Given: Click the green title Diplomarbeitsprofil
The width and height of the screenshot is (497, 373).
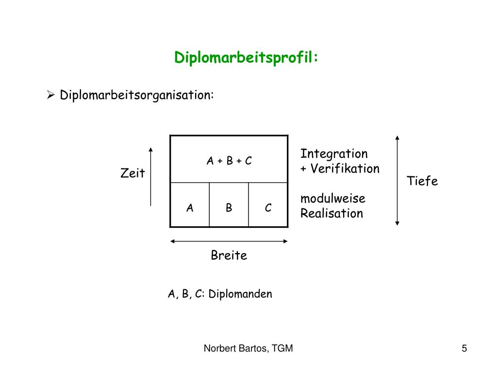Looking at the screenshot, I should tap(247, 58).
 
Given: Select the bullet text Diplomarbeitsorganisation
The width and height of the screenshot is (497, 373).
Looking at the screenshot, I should tap(136, 94).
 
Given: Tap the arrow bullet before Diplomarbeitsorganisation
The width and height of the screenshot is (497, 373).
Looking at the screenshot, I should tap(50, 94).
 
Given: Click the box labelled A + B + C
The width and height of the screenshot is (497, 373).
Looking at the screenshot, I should tap(229, 161).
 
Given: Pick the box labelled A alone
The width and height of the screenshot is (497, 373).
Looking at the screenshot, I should tap(190, 208).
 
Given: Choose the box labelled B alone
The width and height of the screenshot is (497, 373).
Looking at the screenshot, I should tap(229, 208).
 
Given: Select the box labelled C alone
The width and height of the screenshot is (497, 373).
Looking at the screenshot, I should tap(268, 208).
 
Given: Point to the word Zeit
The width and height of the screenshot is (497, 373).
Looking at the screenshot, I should tap(133, 173).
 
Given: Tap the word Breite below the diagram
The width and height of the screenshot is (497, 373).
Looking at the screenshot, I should tap(229, 255).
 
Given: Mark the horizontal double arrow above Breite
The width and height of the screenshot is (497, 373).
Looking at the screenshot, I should tap(229, 241).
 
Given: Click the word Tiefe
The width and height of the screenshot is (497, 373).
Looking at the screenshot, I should tap(422, 181).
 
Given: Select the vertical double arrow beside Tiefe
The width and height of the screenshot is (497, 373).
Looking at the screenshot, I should tap(397, 180).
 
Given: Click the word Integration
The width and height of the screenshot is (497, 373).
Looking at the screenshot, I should tap(334, 154).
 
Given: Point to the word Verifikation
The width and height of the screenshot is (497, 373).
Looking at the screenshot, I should tap(345, 169).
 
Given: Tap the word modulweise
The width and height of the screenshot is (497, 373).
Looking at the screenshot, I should tap(333, 198).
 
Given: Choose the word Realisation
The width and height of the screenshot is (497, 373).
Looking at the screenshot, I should tap(331, 213).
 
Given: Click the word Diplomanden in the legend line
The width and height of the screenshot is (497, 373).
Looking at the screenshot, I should tap(240, 294).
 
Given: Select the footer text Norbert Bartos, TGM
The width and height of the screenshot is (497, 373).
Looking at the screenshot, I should tap(248, 348).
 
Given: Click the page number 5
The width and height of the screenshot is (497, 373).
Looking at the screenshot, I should tap(464, 348).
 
